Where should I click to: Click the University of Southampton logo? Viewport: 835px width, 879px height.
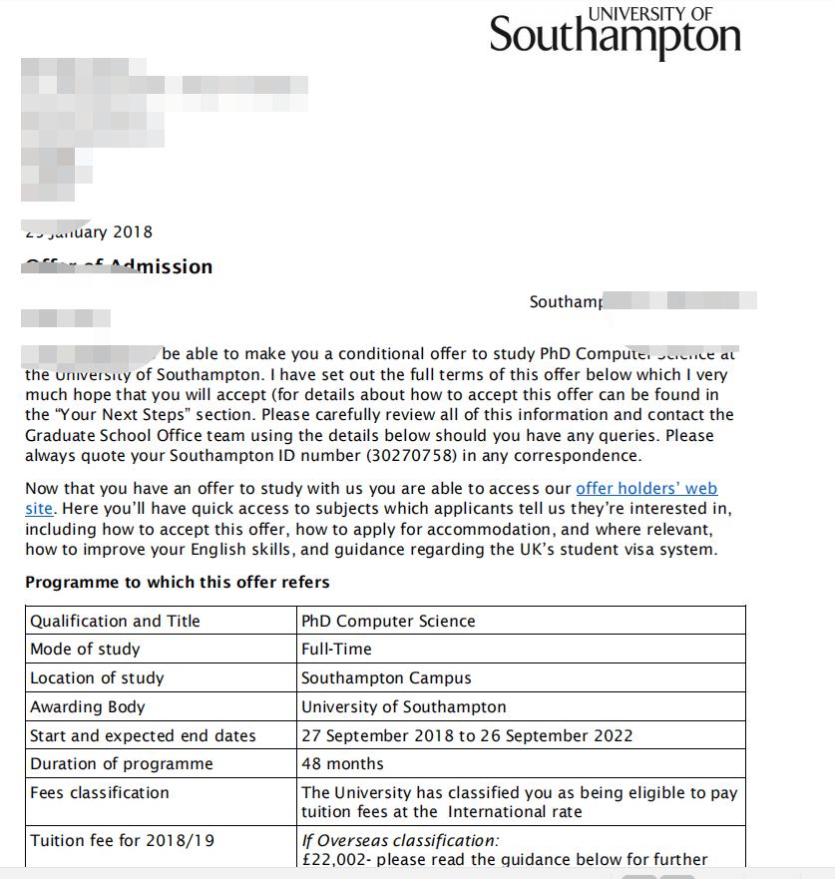pos(615,34)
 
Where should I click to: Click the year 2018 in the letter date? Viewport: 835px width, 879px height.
pos(133,231)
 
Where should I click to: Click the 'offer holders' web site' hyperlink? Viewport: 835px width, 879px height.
pos(646,489)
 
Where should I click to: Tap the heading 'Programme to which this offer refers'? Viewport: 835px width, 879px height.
pos(177,582)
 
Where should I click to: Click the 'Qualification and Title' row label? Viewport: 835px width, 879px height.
pos(115,621)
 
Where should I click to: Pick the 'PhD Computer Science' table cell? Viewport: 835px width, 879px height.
pos(388,621)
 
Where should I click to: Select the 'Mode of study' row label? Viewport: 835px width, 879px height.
pos(85,649)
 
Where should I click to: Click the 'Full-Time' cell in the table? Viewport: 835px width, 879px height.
pos(336,649)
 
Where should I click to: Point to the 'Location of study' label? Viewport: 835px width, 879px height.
pos(97,677)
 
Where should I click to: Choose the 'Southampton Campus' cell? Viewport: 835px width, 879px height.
pos(386,677)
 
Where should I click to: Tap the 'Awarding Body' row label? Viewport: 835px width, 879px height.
pos(88,706)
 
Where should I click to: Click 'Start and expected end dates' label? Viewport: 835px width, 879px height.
pos(143,735)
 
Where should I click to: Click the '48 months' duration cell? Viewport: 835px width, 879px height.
pos(342,763)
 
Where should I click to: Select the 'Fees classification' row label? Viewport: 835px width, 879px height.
pos(100,792)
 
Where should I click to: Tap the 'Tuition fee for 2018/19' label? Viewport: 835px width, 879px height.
pos(122,840)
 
